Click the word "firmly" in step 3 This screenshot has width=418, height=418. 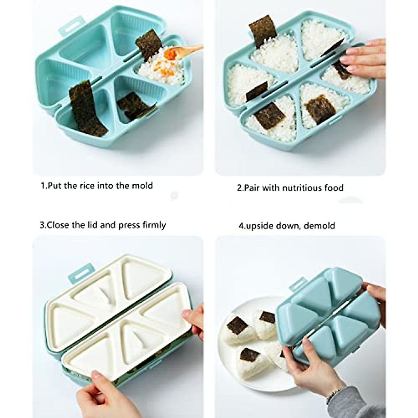click(x=154, y=225)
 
